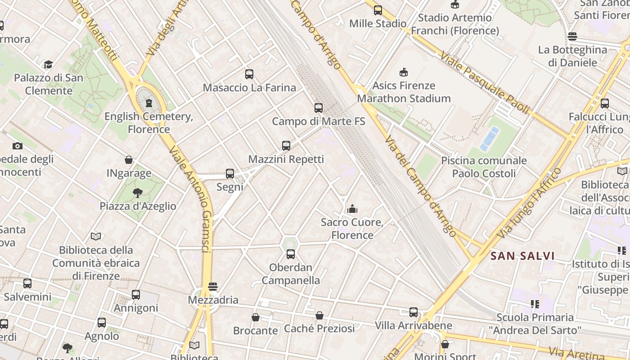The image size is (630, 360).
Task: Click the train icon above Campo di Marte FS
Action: [x=319, y=108]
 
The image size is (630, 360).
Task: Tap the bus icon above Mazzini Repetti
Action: [x=286, y=146]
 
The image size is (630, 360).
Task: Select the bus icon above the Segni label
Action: [x=230, y=174]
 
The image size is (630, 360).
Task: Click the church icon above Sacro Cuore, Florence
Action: [x=352, y=209]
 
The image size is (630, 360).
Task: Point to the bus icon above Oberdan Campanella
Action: [x=291, y=254]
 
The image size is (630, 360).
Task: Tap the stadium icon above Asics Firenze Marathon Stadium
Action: [x=404, y=72]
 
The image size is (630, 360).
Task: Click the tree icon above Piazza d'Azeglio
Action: [x=138, y=193]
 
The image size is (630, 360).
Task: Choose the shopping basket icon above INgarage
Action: [x=129, y=160]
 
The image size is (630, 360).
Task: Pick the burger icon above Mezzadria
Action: [x=213, y=287]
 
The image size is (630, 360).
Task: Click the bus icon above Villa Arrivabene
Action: [x=414, y=312]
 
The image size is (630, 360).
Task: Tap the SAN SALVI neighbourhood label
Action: [x=522, y=256]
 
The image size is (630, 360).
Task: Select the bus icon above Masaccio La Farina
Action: [x=249, y=74]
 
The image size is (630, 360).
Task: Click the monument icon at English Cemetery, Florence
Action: [x=149, y=103]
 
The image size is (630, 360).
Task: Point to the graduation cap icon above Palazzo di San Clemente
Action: [x=48, y=65]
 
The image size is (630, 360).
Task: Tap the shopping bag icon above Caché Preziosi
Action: [x=319, y=315]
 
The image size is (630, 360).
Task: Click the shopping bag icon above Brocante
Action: [x=256, y=317]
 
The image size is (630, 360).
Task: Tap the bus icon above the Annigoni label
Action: [x=136, y=295]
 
